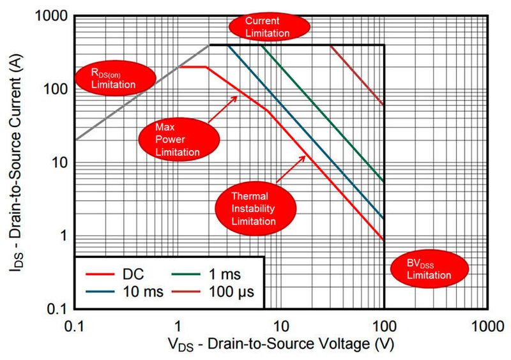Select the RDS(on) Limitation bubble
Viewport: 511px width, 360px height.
(114, 77)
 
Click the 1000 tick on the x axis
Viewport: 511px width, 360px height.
(487, 326)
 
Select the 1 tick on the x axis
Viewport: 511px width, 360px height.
(178, 326)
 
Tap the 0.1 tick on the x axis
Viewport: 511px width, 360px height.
(75, 326)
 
